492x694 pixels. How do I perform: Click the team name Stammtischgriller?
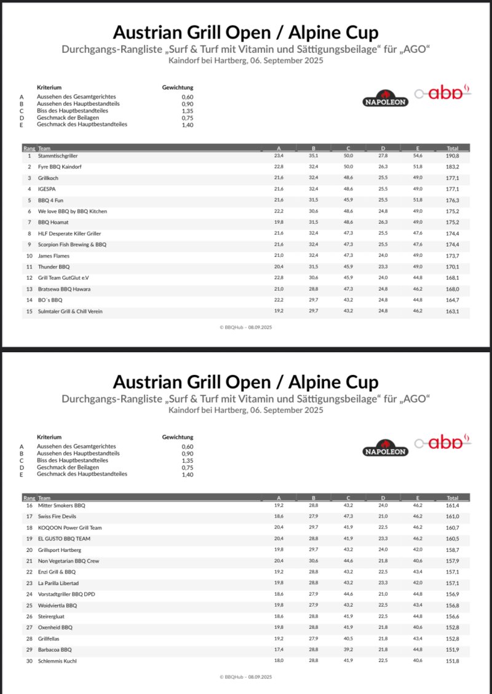coord(58,156)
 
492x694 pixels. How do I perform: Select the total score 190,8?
coord(453,156)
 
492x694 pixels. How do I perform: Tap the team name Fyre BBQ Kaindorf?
coord(60,167)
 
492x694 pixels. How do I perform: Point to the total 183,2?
coord(453,167)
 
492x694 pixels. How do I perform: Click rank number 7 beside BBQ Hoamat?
coord(29,223)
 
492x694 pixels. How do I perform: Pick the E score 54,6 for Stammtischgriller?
coord(418,156)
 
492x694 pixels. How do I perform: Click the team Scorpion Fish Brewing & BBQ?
coord(72,245)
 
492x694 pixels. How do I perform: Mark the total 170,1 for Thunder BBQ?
coord(453,267)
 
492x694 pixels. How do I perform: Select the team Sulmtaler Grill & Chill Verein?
coord(70,312)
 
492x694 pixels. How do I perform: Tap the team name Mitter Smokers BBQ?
coord(61,505)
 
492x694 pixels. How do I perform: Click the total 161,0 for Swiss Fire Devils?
coord(453,516)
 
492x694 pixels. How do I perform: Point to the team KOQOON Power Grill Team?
coord(70,528)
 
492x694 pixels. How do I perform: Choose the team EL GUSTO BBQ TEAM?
coord(64,539)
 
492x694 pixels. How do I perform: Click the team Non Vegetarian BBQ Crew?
coord(68,561)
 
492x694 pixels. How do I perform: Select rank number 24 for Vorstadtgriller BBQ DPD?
coord(29,594)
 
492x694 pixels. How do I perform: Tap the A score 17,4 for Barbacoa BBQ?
coord(279,650)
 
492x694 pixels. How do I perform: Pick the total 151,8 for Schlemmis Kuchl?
coord(453,661)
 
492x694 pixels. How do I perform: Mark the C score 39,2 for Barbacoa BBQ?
coord(348,650)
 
